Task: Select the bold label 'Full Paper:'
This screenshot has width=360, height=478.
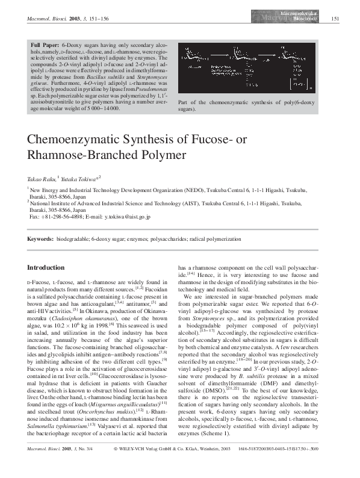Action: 46,45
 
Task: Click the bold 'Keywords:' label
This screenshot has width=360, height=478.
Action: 43,240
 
